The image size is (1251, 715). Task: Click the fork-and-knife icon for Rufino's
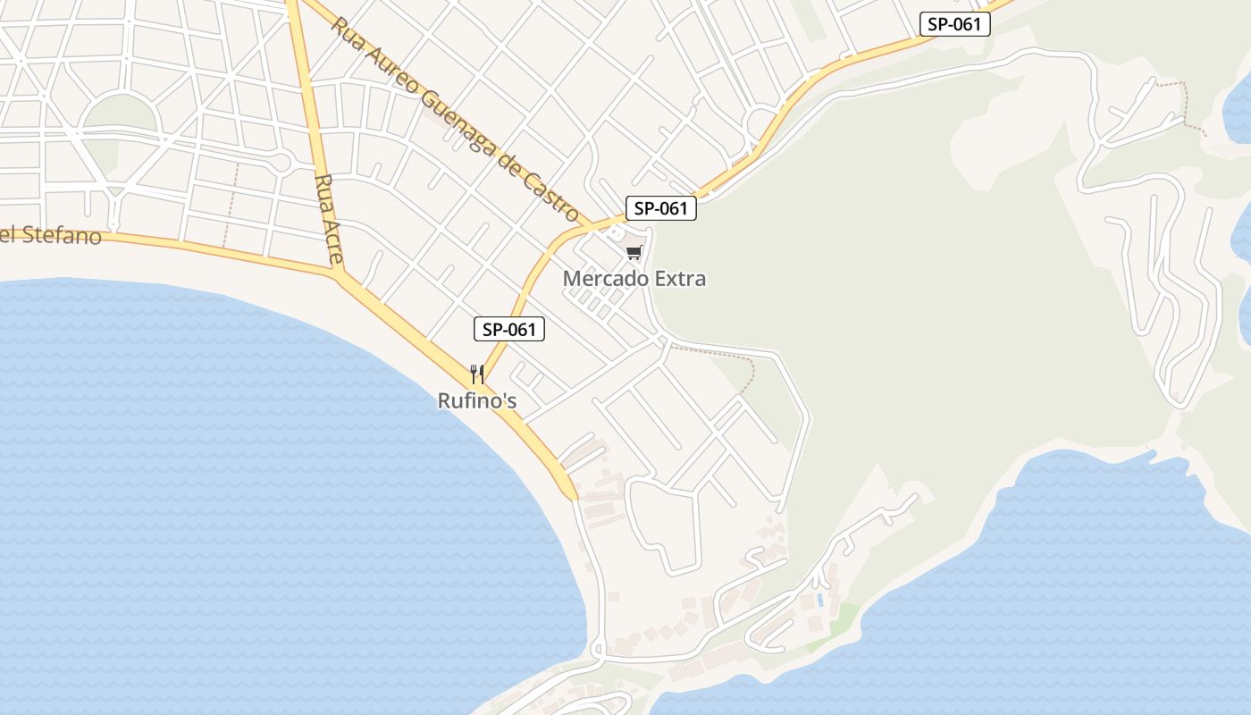pos(477,374)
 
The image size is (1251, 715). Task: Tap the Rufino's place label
pos(477,401)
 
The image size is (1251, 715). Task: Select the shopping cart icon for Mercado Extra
pos(634,253)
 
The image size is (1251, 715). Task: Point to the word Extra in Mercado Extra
pos(680,279)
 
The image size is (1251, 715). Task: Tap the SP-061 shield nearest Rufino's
pos(508,330)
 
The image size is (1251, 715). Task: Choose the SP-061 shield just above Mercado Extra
pos(660,209)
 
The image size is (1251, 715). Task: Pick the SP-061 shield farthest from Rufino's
pos(955,24)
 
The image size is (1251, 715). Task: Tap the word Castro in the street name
pos(554,194)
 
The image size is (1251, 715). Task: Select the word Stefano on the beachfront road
pos(59,236)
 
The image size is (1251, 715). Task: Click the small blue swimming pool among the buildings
pos(819,600)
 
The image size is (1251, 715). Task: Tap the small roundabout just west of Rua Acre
pos(281,163)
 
